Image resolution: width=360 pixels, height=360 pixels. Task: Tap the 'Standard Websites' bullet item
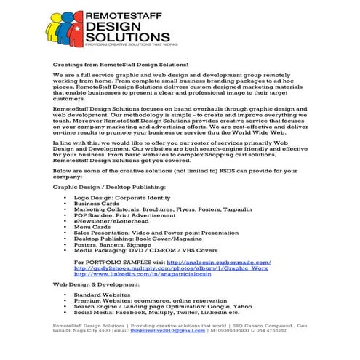pos(110,295)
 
